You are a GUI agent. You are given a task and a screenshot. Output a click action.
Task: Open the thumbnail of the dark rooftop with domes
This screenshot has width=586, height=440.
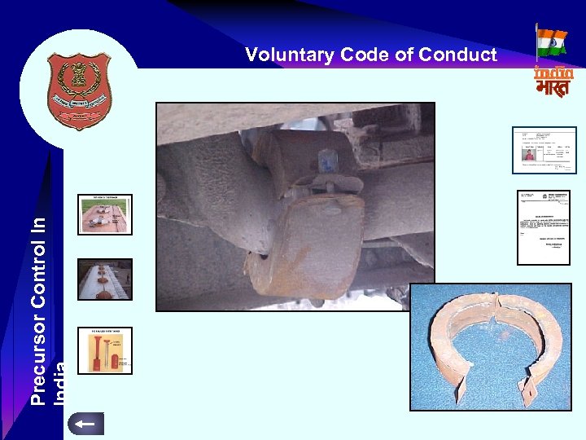[x=104, y=279]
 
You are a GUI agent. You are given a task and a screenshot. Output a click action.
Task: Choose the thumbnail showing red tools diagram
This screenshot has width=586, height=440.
[x=104, y=350]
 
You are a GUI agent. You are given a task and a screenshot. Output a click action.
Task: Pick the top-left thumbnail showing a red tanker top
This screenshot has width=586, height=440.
[x=104, y=214]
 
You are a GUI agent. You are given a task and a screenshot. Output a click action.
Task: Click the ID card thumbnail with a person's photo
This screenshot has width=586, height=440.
[x=544, y=150]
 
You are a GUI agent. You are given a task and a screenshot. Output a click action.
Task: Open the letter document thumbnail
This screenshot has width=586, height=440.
[x=544, y=227]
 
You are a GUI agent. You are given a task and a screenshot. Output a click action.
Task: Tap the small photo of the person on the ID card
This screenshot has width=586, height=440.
[x=530, y=154]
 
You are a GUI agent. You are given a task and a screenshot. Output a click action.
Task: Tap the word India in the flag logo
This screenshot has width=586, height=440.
[x=553, y=72]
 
